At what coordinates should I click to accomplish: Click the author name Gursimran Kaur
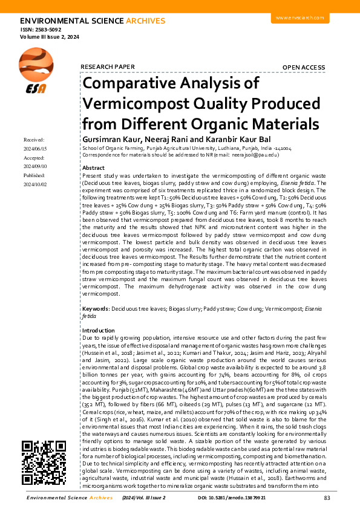click(x=106, y=139)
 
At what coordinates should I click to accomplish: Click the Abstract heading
click(x=93, y=167)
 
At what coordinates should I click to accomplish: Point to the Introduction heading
click(x=98, y=331)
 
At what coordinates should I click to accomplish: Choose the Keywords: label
click(x=96, y=308)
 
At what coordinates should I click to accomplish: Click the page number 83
click(x=327, y=498)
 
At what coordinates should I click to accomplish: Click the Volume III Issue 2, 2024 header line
click(x=50, y=37)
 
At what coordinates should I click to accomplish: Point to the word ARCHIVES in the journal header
click(x=145, y=21)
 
